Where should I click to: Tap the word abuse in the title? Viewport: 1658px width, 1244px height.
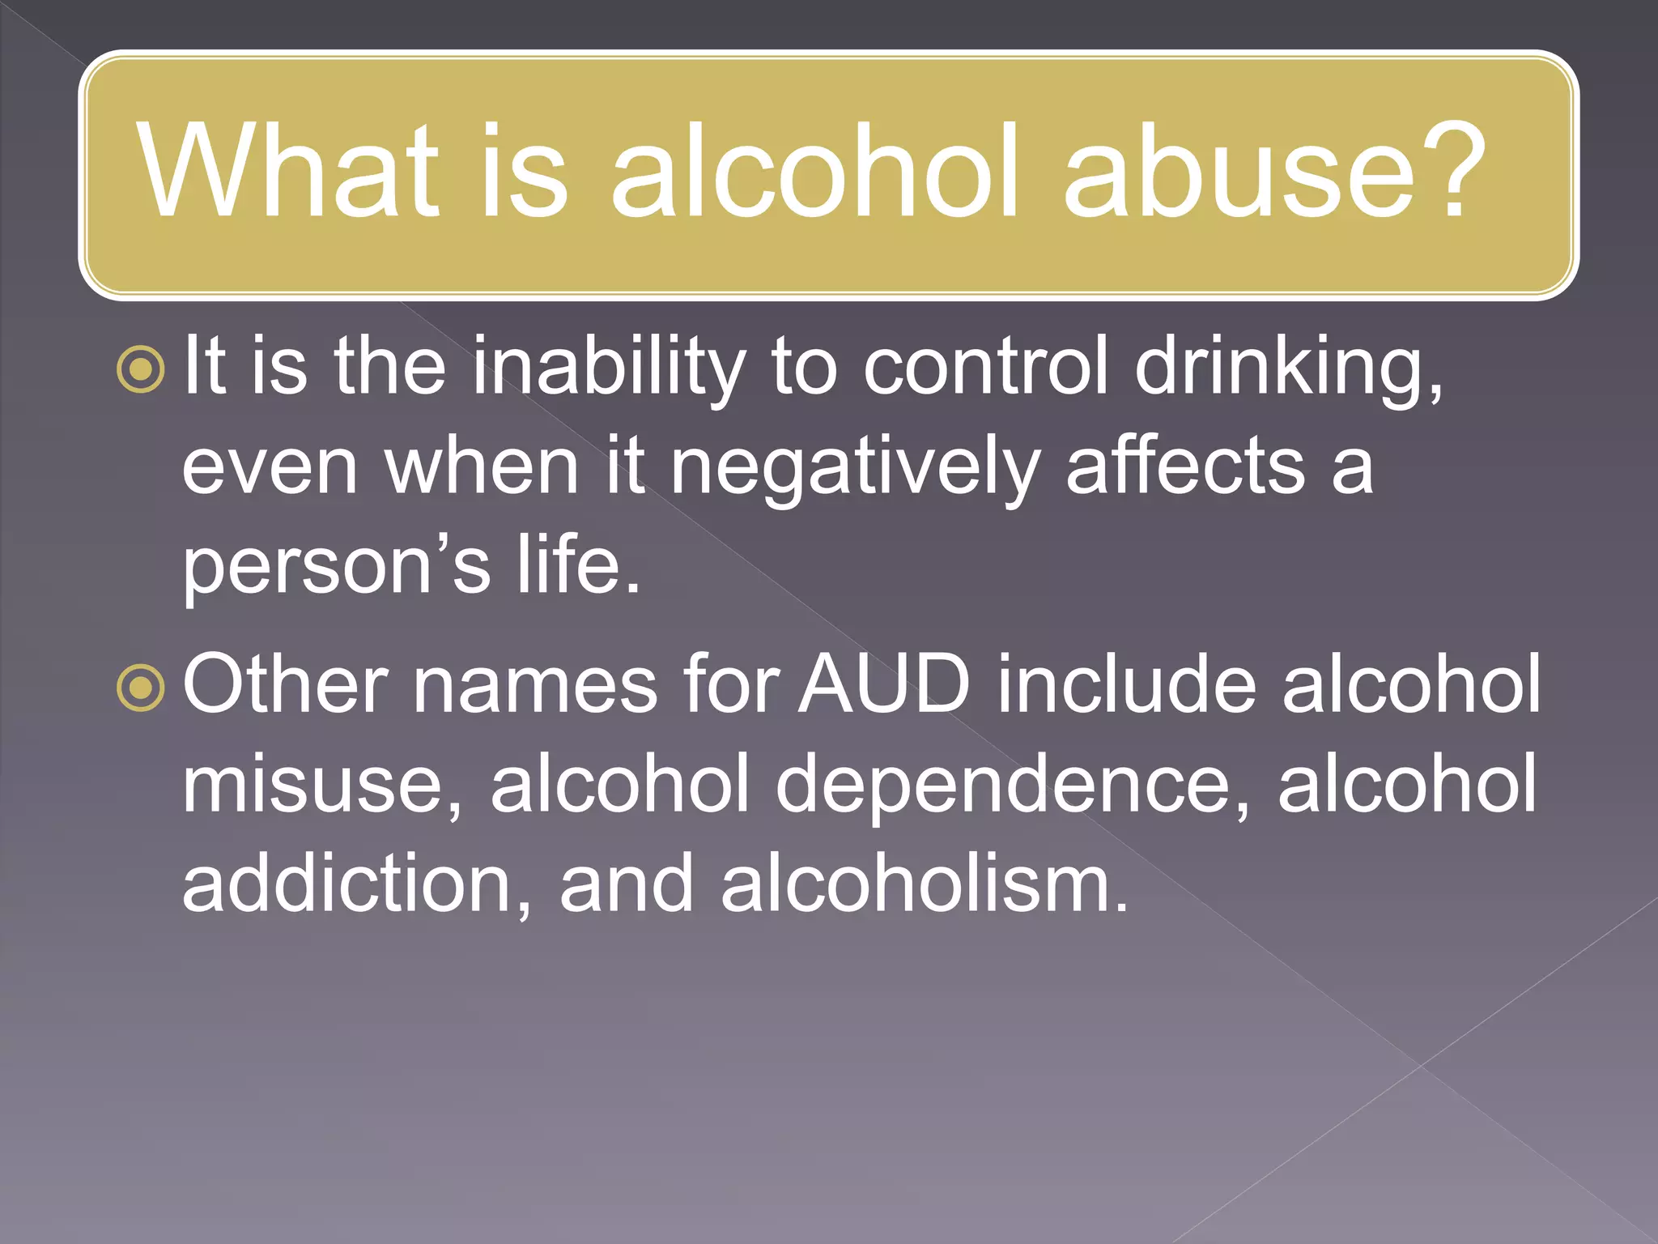coord(1239,172)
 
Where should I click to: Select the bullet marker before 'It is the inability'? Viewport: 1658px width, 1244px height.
coord(141,370)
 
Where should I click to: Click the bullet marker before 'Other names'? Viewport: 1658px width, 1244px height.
coord(141,688)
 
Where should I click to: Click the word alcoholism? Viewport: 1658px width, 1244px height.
coord(924,883)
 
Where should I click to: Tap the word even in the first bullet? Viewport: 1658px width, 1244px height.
coord(270,468)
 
